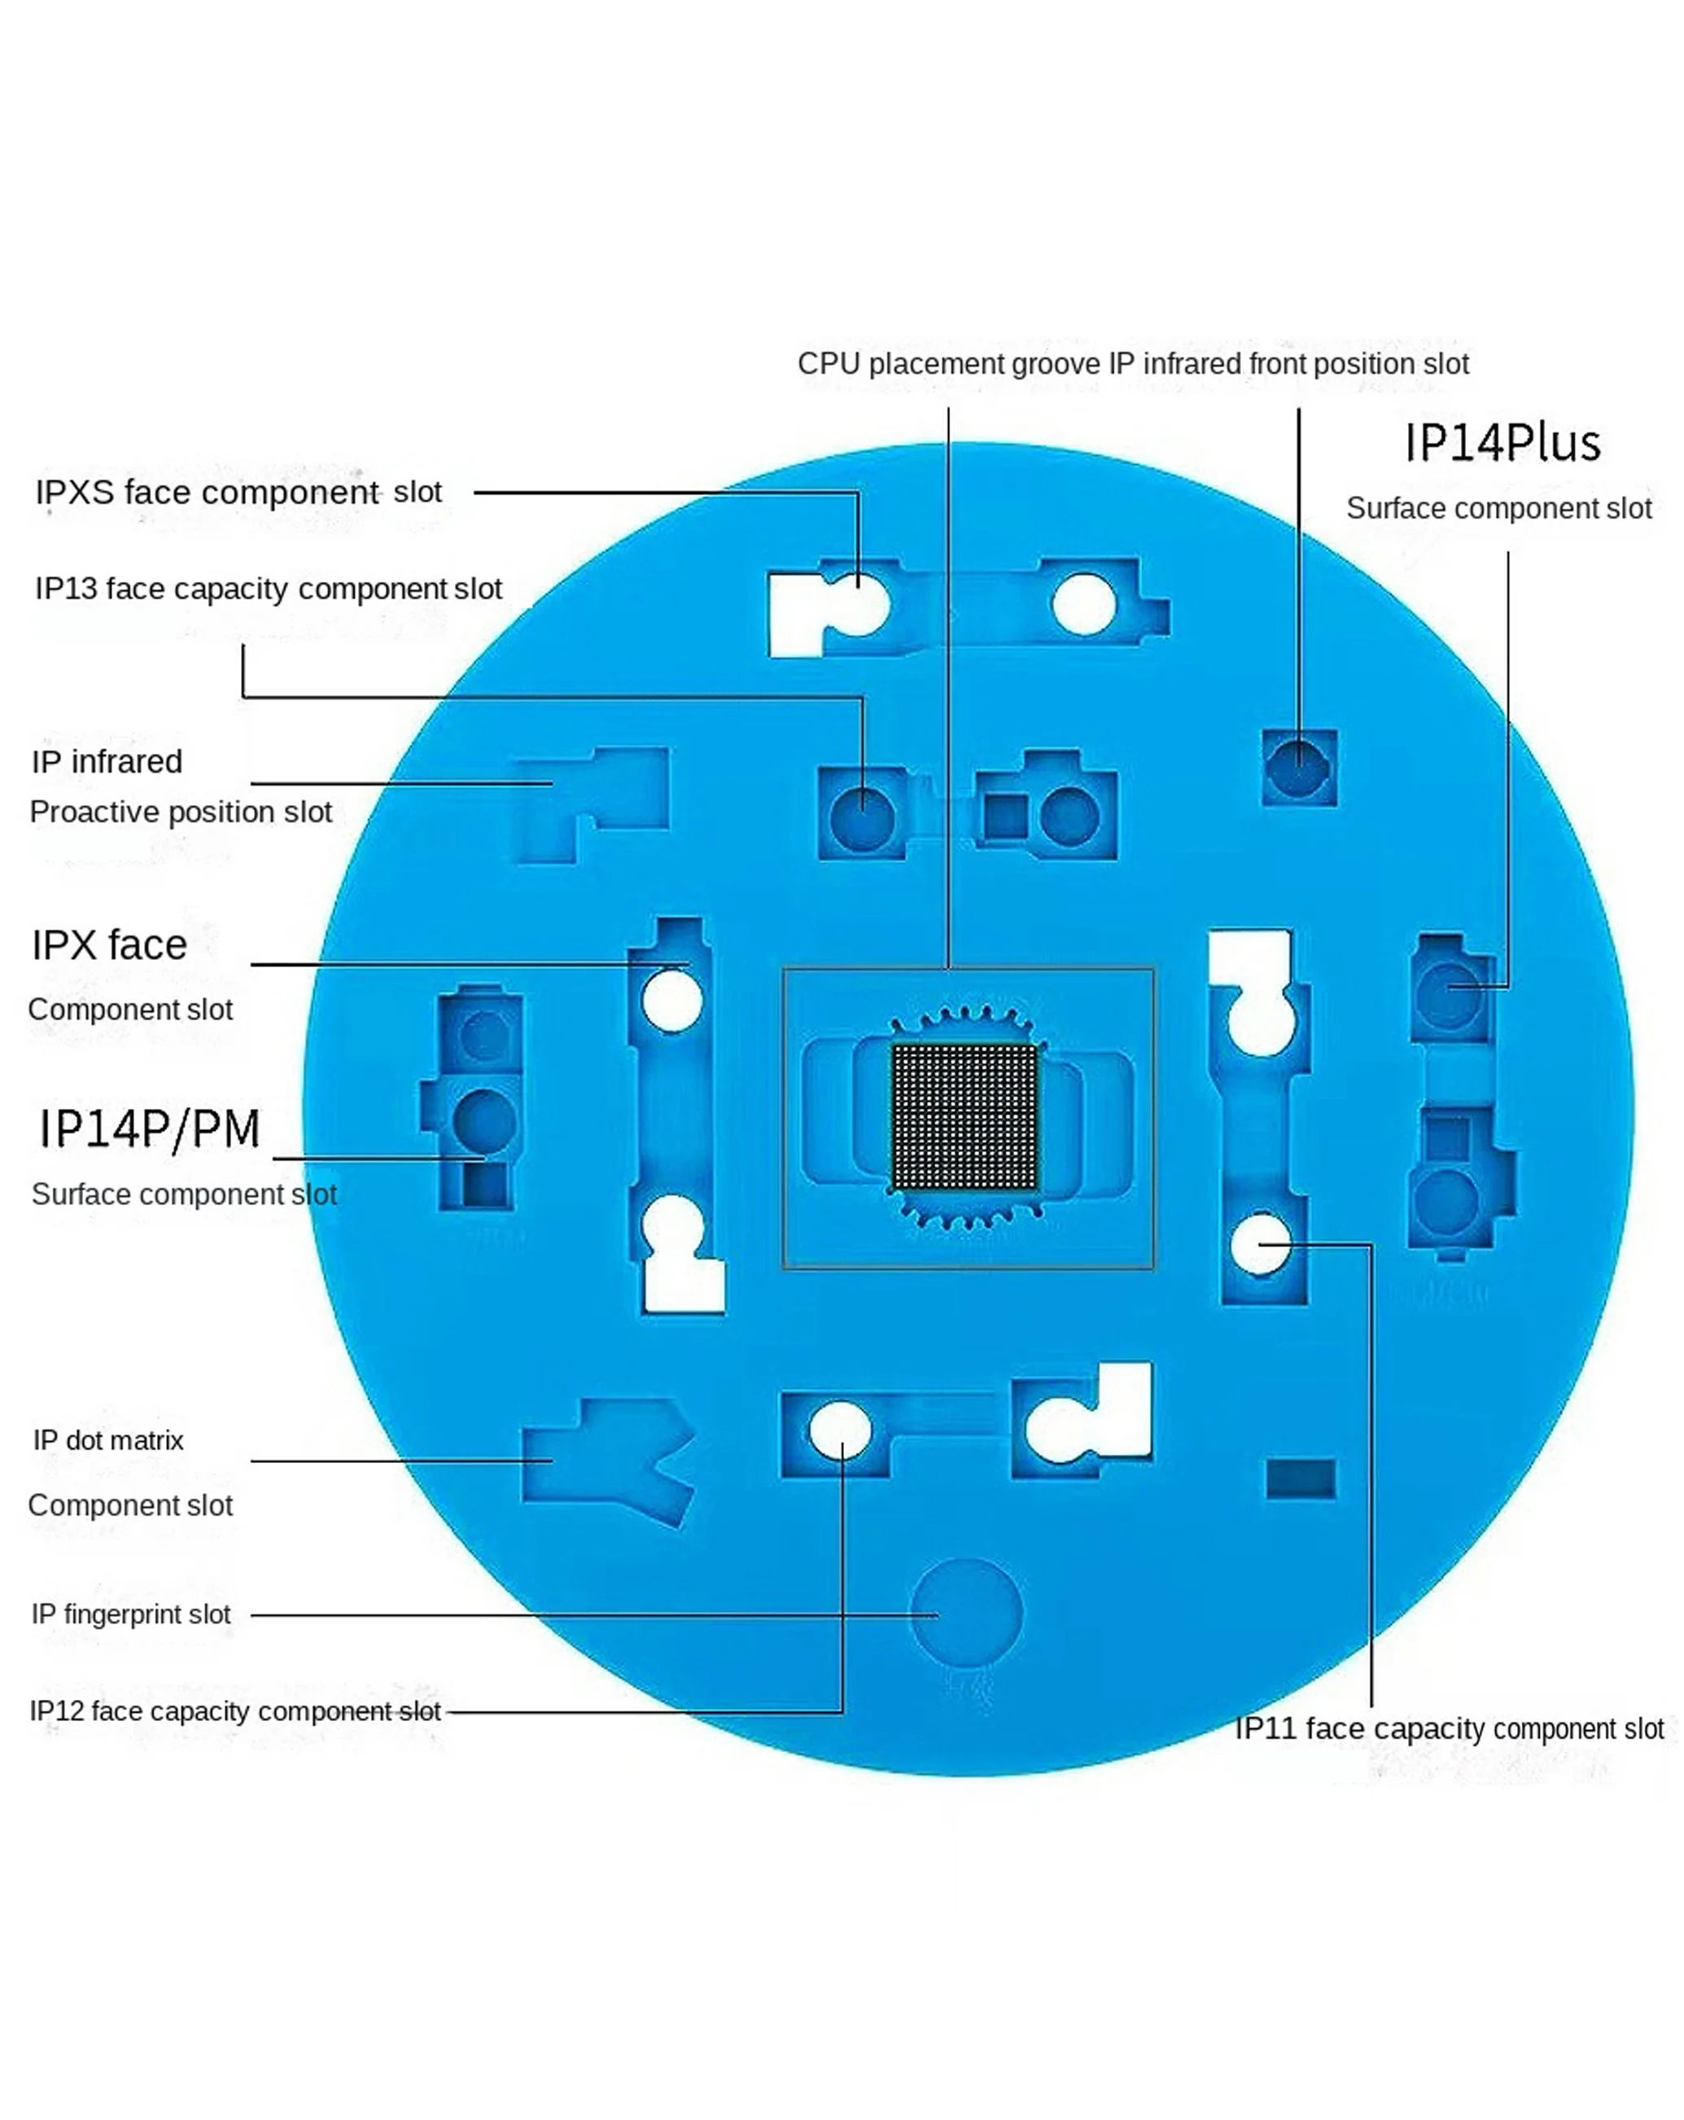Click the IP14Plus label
(x=1501, y=443)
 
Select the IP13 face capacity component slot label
(x=269, y=588)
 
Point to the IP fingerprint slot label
(x=131, y=1614)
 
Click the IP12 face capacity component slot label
(x=235, y=1711)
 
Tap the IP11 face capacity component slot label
(x=1448, y=1728)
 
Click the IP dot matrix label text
(x=108, y=1440)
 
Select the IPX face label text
(x=109, y=945)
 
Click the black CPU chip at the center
(x=964, y=1116)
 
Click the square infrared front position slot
(x=1299, y=767)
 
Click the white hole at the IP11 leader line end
(x=1260, y=1244)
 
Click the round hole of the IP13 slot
(x=863, y=816)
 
